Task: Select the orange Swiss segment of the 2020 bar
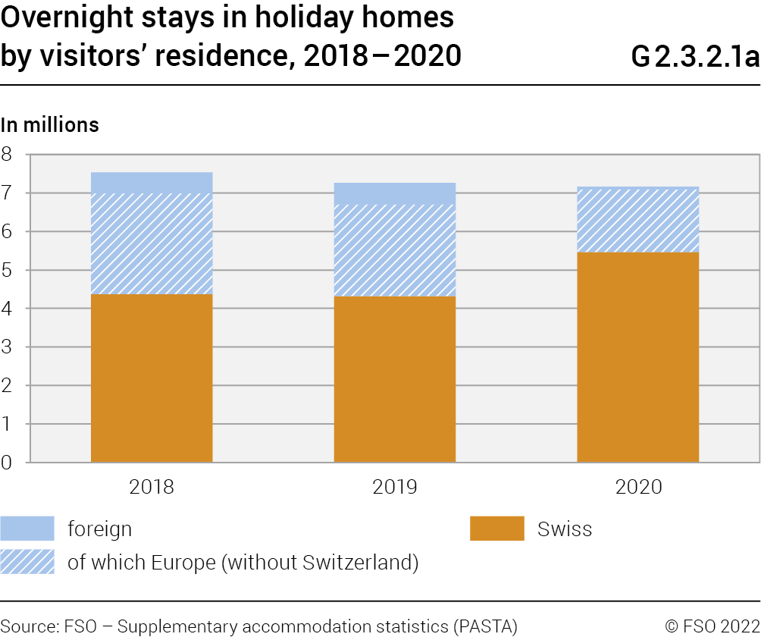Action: (x=637, y=357)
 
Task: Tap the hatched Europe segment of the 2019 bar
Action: (x=395, y=250)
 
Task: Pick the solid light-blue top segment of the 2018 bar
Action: (x=152, y=183)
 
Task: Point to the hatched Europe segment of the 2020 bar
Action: (x=637, y=220)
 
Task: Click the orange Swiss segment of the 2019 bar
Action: (x=395, y=379)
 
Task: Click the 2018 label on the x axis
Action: (x=152, y=487)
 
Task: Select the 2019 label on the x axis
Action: (x=395, y=487)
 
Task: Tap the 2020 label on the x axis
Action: (x=638, y=487)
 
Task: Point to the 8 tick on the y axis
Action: (x=8, y=155)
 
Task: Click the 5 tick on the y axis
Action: (x=8, y=270)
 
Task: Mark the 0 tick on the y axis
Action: (x=8, y=462)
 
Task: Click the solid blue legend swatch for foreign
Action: (x=27, y=529)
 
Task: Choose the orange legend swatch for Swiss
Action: (x=496, y=529)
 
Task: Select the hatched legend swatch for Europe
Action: (x=27, y=562)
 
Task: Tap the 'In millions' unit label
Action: (x=50, y=124)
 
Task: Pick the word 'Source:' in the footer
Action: (x=28, y=626)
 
